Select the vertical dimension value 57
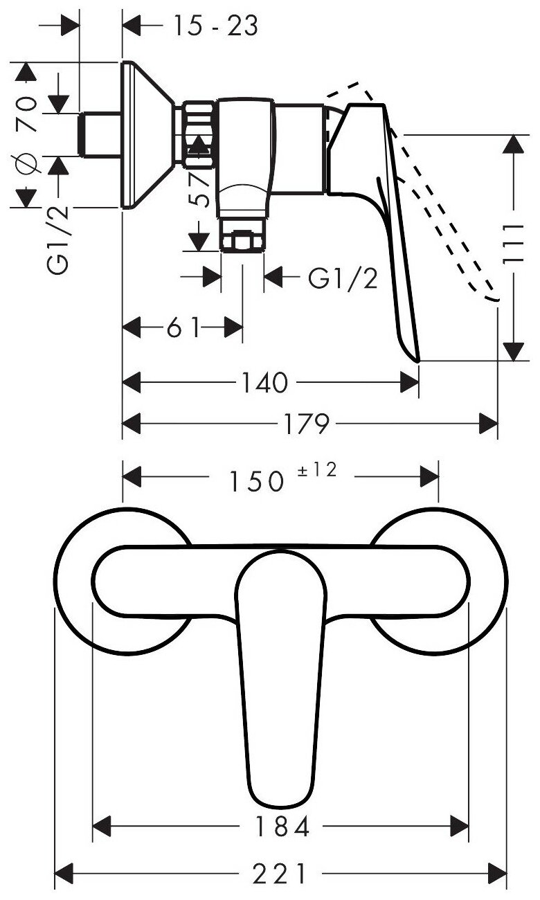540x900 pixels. (199, 188)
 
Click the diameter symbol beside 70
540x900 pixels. (26, 164)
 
